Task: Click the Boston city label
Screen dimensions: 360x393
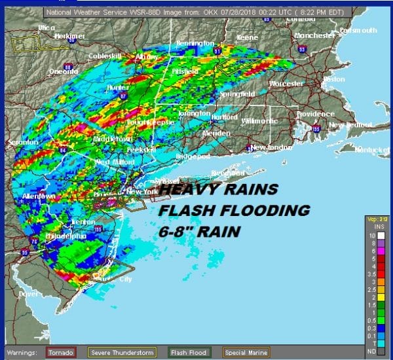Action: point(333,79)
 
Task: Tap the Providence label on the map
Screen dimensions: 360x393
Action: point(297,113)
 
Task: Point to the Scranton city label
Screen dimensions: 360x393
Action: point(20,142)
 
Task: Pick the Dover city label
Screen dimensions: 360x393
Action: point(29,295)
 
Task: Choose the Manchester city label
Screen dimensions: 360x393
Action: point(315,35)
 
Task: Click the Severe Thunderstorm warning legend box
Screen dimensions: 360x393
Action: point(122,353)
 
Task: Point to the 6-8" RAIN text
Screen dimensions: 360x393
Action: point(199,232)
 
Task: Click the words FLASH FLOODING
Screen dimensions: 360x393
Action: point(234,211)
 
